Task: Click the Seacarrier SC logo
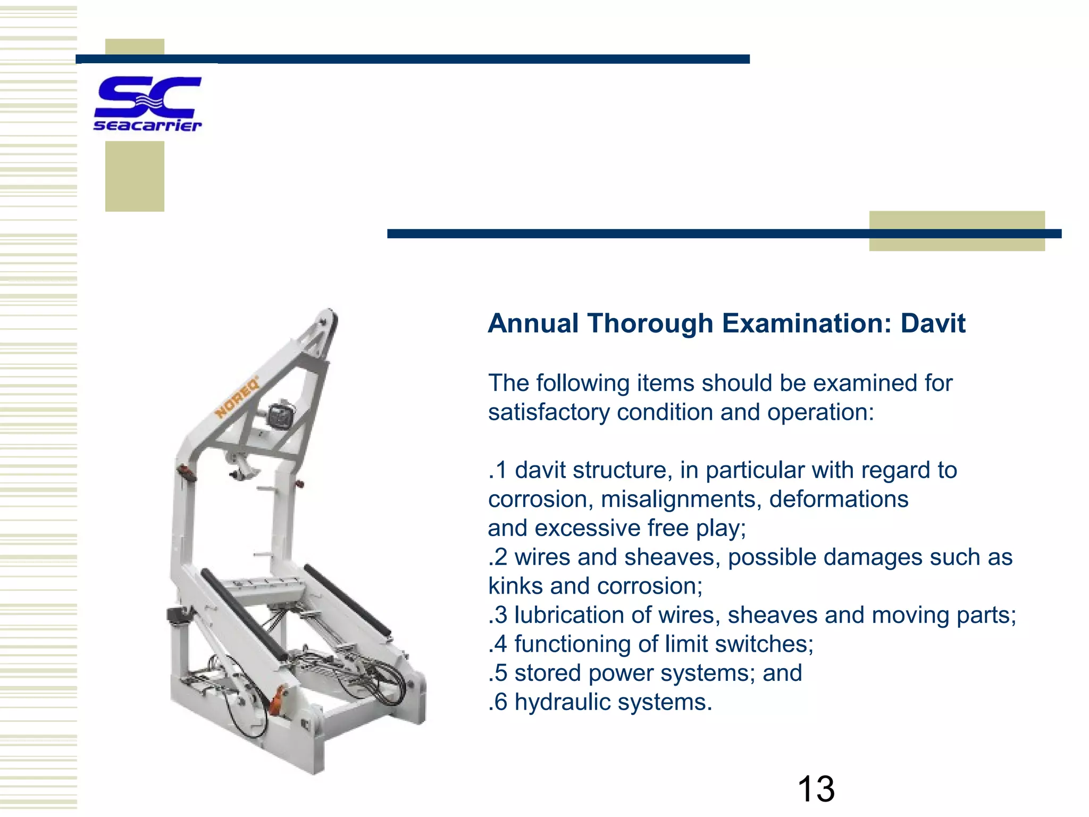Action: click(147, 104)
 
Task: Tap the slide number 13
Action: click(816, 789)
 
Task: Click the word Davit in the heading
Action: click(933, 323)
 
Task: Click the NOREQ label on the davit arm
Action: click(237, 397)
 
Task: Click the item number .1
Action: click(498, 470)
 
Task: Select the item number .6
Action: click(498, 702)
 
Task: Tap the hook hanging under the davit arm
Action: click(242, 468)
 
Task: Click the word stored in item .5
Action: click(548, 673)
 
